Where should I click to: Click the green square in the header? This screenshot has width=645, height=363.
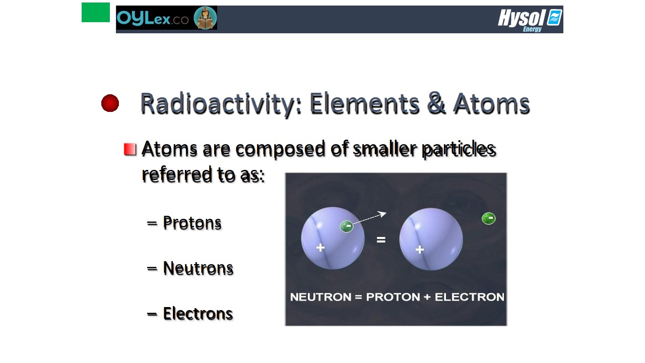[x=96, y=13]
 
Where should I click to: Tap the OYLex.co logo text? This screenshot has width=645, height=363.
[x=153, y=19]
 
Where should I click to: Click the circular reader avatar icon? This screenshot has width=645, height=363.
[x=205, y=18]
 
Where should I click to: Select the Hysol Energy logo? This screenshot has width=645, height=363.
[x=530, y=20]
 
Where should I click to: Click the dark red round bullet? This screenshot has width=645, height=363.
[x=110, y=103]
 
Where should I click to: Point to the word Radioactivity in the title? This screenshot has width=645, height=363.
[x=221, y=104]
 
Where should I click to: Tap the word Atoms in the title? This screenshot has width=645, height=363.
[x=491, y=104]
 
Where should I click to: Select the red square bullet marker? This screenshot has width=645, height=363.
[x=130, y=150]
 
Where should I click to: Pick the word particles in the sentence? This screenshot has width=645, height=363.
[x=459, y=150]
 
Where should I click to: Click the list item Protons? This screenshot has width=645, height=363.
[x=192, y=223]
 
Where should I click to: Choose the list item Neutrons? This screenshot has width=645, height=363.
[x=198, y=268]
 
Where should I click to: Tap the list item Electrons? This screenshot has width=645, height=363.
[x=198, y=314]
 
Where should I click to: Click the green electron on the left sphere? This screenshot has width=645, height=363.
[x=347, y=226]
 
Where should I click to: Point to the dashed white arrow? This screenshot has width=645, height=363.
[x=370, y=217]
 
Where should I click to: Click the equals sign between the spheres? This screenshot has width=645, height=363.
[x=381, y=239]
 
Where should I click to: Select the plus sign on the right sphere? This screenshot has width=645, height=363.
[x=420, y=250]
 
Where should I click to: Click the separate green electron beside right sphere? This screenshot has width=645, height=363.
[x=489, y=218]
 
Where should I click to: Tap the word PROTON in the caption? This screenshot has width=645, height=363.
[x=393, y=297]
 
